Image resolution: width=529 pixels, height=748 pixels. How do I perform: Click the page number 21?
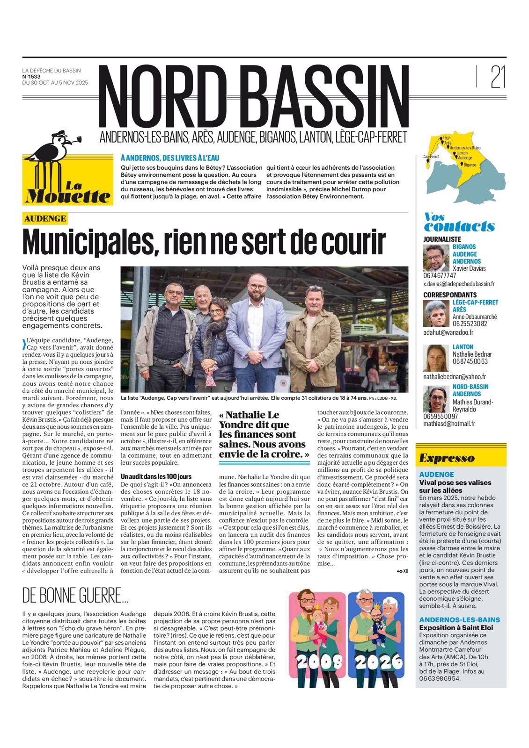(x=498, y=77)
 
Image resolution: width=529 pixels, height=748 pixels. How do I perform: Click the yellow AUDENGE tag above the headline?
(x=45, y=218)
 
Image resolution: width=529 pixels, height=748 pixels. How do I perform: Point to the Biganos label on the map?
(x=470, y=165)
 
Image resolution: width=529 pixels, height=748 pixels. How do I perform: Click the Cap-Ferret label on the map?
(x=431, y=157)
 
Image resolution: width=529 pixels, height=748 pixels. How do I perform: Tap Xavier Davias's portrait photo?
(x=436, y=258)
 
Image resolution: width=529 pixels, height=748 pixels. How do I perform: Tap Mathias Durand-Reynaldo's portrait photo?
(x=436, y=399)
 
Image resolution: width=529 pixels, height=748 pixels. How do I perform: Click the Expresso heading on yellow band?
(x=447, y=458)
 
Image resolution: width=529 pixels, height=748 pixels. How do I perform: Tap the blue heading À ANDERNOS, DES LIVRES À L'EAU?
(x=170, y=158)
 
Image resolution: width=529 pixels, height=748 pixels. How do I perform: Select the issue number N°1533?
(x=31, y=77)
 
